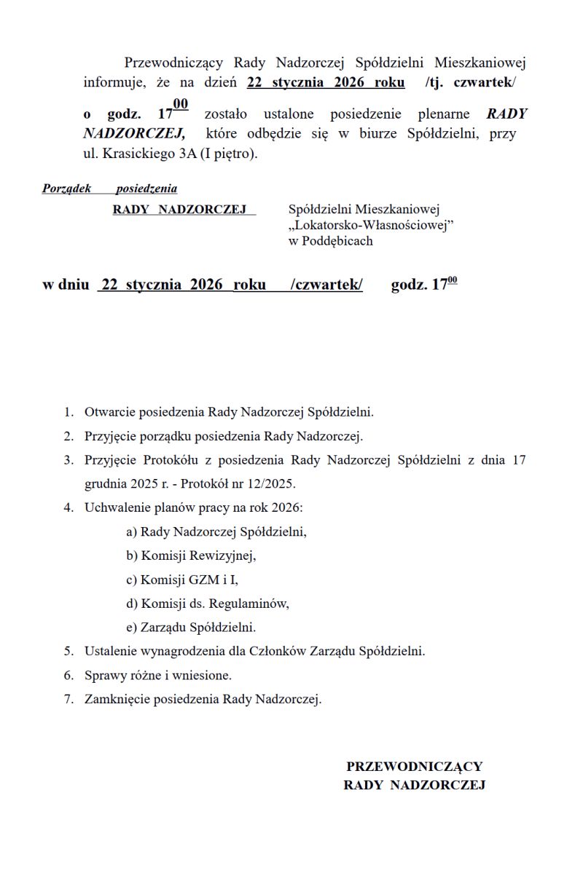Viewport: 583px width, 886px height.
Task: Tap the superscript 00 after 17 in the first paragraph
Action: click(x=181, y=105)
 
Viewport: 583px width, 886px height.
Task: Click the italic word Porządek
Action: click(x=66, y=189)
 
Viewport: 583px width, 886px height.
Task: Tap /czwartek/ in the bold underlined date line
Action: click(x=326, y=285)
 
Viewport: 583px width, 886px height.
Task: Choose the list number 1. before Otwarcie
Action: click(x=69, y=412)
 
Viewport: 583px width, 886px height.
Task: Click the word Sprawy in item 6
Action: click(x=103, y=675)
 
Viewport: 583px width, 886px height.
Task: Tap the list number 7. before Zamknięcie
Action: click(x=69, y=699)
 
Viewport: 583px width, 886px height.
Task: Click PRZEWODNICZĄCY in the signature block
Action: click(x=414, y=767)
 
